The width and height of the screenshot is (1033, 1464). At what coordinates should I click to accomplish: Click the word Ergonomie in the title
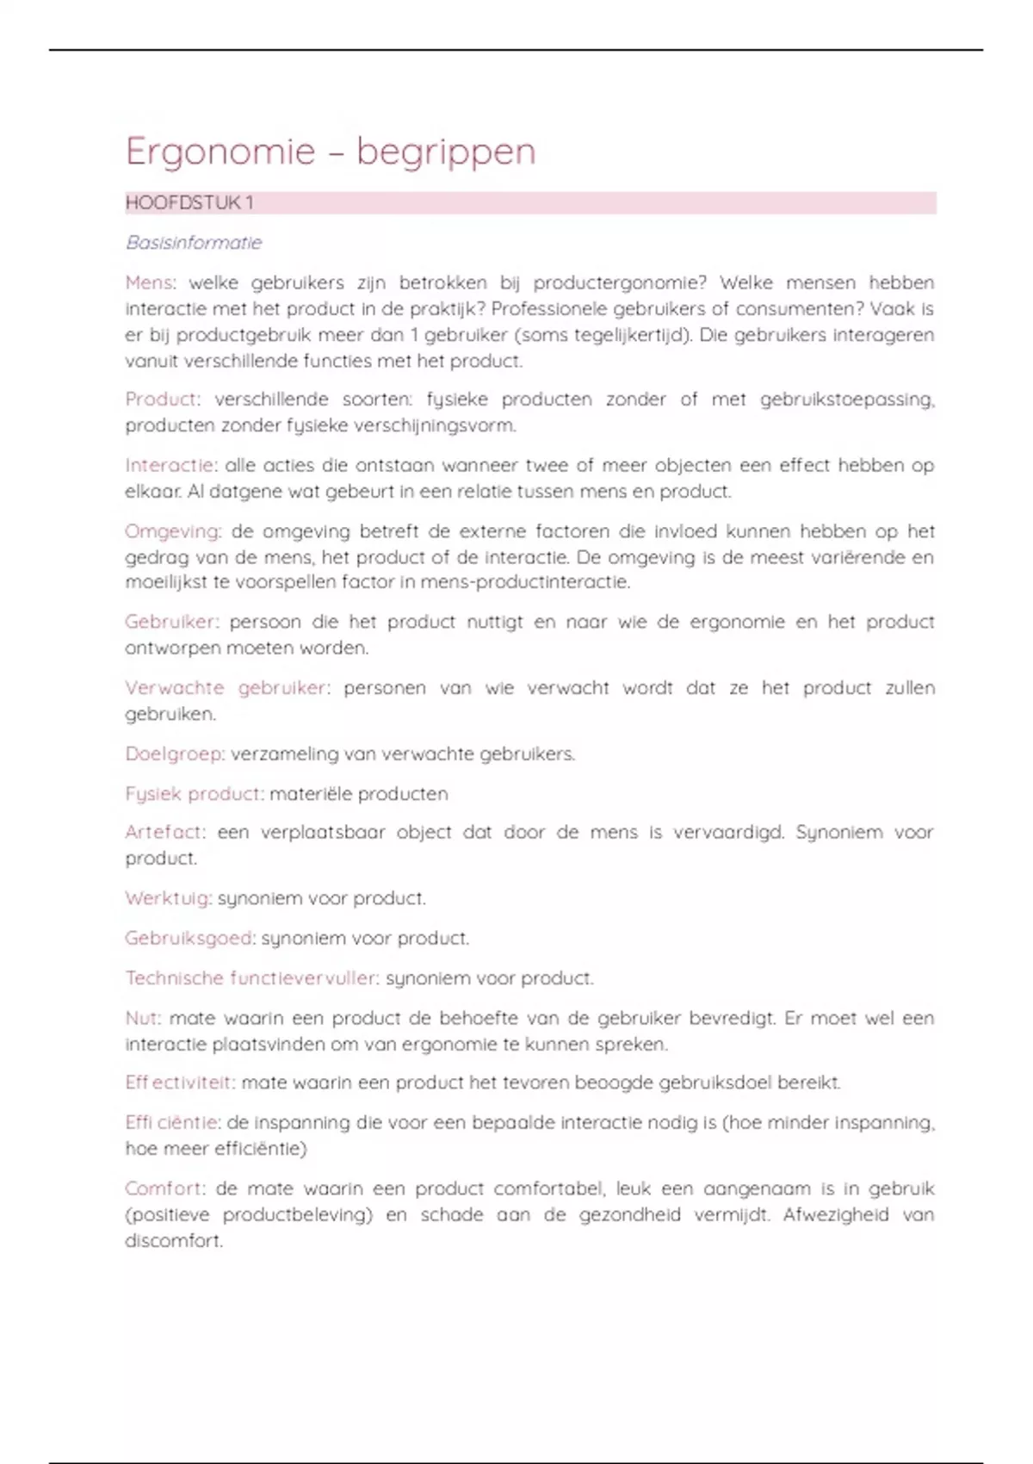220,152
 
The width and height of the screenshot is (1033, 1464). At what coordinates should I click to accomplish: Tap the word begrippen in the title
446,152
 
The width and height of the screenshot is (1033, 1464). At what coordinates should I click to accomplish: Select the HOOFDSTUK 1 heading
189,203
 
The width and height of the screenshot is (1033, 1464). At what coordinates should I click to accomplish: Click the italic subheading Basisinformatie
194,243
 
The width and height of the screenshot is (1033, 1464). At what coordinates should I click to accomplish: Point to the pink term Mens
149,282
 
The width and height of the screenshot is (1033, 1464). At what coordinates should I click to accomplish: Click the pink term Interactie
170,466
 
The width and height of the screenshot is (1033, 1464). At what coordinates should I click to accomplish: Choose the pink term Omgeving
172,531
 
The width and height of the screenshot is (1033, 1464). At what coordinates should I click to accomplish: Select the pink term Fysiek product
194,794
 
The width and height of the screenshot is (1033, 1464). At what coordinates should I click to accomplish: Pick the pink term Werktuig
168,898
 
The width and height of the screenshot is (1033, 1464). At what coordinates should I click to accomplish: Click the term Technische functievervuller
251,978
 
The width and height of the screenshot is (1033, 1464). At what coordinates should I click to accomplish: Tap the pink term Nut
142,1018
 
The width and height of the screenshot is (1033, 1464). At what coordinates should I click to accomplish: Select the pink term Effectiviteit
179,1082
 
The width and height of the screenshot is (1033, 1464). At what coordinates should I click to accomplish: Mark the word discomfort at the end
173,1241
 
